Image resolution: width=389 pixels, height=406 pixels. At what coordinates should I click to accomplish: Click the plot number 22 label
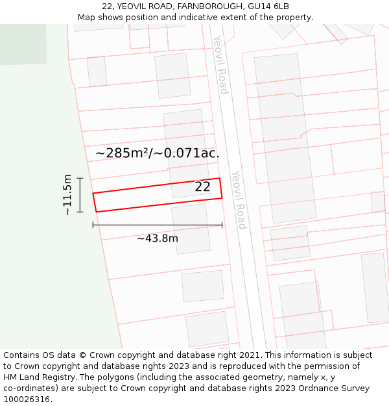coord(202,187)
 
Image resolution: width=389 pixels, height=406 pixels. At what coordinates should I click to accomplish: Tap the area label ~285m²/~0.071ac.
coord(158,153)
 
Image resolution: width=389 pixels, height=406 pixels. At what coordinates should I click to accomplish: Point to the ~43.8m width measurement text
coord(158,238)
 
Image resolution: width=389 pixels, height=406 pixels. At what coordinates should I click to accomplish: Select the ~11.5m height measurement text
coord(67,194)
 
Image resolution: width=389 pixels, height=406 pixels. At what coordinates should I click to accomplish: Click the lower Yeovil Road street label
coord(239,199)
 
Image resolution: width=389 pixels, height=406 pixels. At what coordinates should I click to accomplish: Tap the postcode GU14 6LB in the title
coord(268,6)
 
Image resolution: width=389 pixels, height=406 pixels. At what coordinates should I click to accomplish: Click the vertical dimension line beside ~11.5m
coord(80,195)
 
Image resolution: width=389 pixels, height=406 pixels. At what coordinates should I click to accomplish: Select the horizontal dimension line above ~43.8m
coord(158,225)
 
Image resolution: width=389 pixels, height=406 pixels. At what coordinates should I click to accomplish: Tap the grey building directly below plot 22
coord(191,229)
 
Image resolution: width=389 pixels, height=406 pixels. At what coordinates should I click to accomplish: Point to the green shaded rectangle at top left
coord(23,44)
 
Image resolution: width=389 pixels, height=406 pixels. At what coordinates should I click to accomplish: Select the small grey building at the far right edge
coord(377,201)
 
